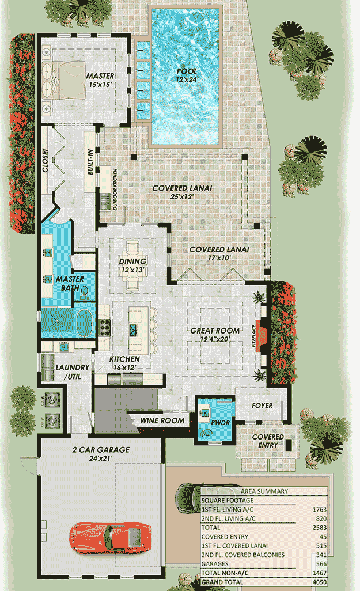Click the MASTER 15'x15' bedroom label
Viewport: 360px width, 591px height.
tap(100, 80)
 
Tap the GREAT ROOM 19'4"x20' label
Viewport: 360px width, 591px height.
tap(215, 335)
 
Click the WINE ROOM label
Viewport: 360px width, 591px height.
tap(162, 420)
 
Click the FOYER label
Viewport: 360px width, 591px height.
tap(262, 406)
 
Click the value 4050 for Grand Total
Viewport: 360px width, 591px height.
tap(318, 582)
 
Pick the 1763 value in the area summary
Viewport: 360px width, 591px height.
tap(318, 509)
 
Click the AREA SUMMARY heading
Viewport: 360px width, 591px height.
tap(264, 491)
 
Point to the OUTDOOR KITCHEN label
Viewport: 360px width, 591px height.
tap(115, 190)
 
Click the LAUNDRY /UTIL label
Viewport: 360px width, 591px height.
tap(72, 372)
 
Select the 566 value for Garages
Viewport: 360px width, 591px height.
tap(320, 564)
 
